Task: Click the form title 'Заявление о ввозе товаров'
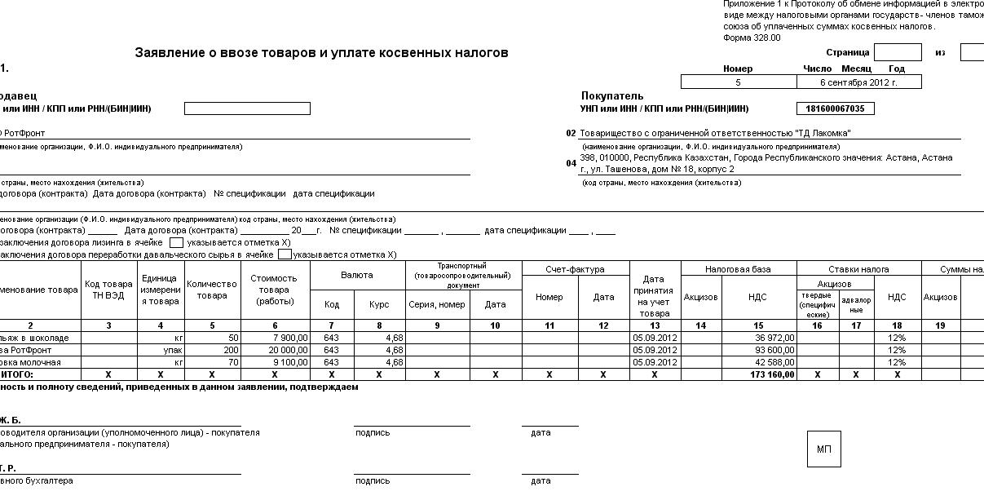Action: (321, 53)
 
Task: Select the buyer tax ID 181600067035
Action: (835, 108)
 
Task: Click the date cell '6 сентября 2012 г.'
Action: (858, 82)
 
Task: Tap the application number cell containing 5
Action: (738, 82)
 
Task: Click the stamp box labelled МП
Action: (823, 449)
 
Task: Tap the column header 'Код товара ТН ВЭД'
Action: (108, 290)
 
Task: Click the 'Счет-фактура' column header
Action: (575, 269)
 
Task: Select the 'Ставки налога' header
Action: (858, 269)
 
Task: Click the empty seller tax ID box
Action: (247, 108)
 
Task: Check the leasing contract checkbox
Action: (177, 242)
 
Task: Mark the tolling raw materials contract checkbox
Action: (285, 254)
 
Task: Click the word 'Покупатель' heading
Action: (612, 95)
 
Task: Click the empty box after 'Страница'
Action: (898, 52)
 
